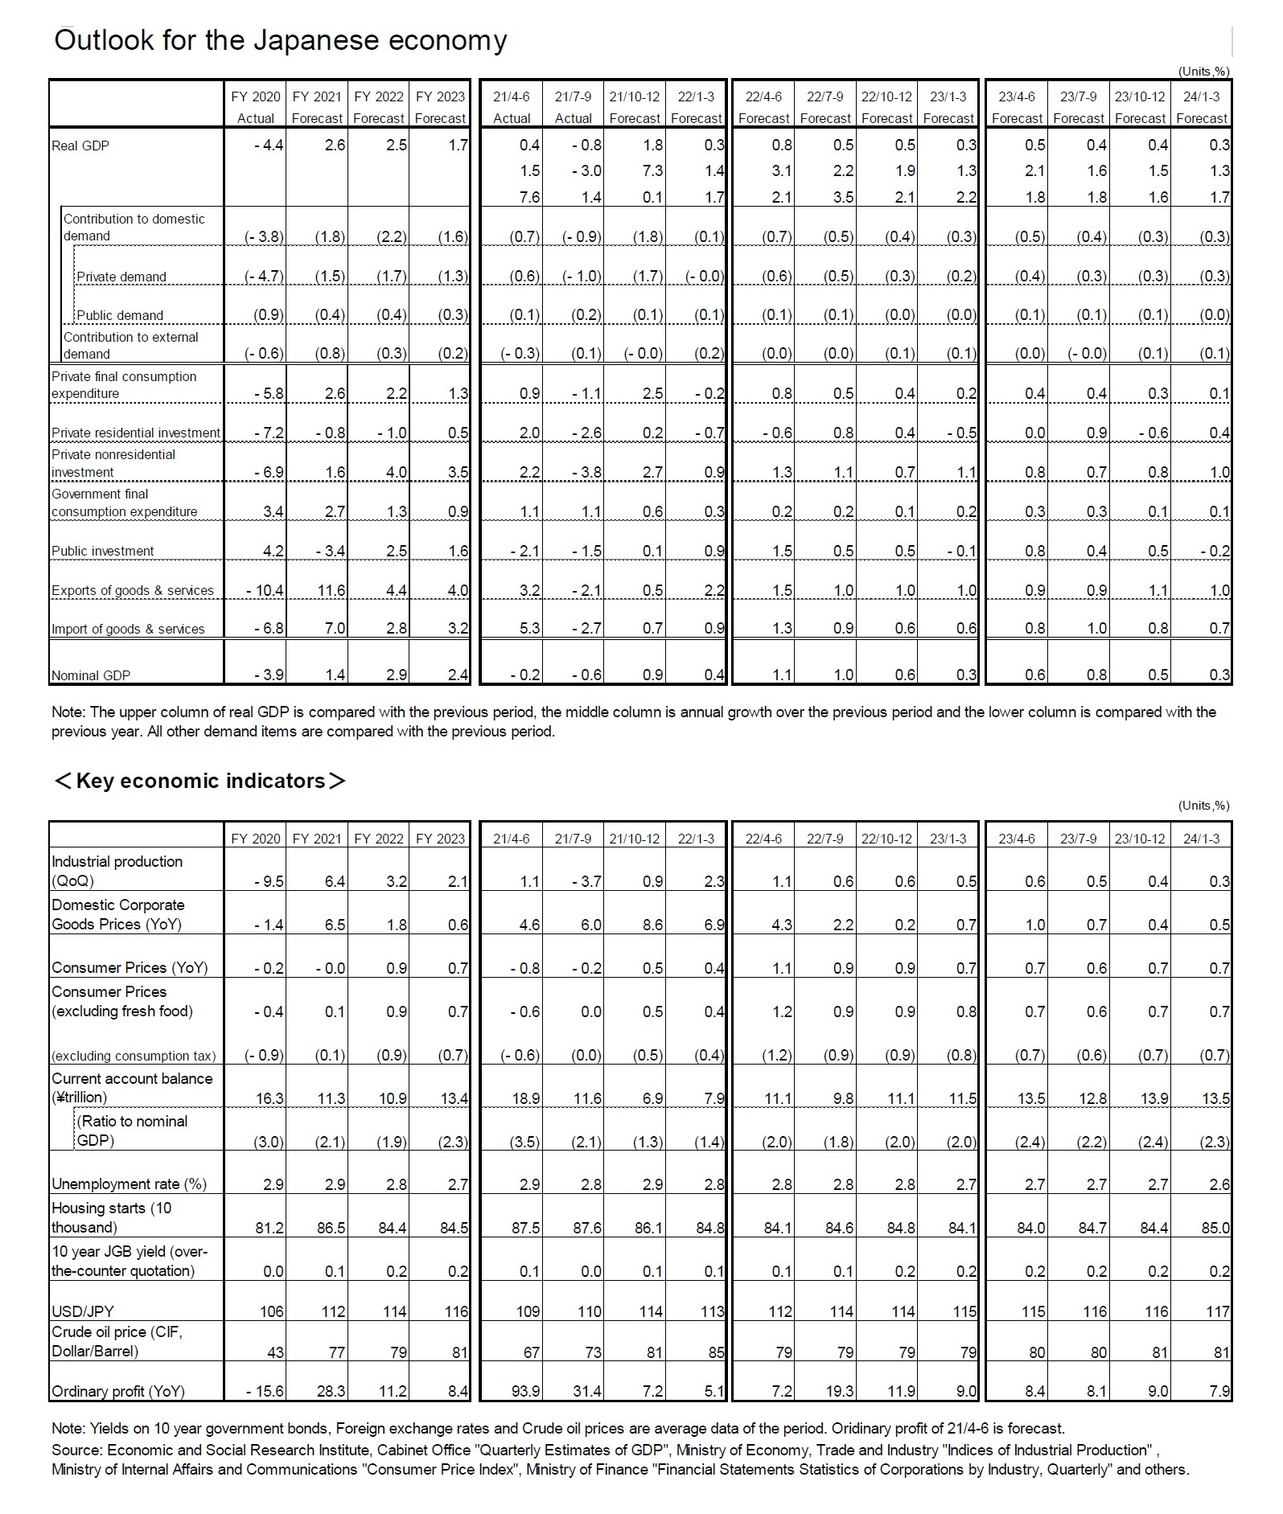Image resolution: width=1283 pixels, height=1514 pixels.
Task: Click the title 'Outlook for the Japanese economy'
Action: (x=280, y=40)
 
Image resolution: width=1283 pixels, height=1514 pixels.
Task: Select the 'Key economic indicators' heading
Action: (x=199, y=781)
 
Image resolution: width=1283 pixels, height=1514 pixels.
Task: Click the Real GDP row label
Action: (x=80, y=146)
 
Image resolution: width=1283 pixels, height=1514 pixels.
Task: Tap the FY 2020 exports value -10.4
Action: (x=265, y=590)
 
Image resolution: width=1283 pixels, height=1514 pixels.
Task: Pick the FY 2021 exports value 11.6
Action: (x=331, y=590)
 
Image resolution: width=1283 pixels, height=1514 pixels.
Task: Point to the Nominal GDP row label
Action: (x=91, y=675)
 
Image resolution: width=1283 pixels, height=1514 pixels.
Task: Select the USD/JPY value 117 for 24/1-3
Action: (x=1218, y=1311)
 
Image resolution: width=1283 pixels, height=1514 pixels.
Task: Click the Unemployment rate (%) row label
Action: (x=129, y=1184)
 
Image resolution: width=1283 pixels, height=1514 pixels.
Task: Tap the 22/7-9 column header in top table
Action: (x=825, y=97)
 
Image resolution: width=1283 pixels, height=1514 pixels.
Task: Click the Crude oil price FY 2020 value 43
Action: (x=275, y=1352)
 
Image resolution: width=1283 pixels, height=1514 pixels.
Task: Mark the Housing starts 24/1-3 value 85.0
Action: (x=1215, y=1228)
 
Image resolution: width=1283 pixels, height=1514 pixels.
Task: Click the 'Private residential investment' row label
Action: (x=135, y=433)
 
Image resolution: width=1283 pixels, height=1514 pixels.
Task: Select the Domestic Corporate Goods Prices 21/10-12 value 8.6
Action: (x=652, y=925)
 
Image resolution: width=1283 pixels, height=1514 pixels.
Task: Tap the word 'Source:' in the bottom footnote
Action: (x=76, y=1450)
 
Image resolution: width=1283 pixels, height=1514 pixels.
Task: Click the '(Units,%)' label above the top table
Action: (x=1203, y=71)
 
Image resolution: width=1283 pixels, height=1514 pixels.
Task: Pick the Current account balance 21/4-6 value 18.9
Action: (x=525, y=1098)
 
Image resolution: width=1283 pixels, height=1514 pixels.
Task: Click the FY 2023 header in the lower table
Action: (x=440, y=839)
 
